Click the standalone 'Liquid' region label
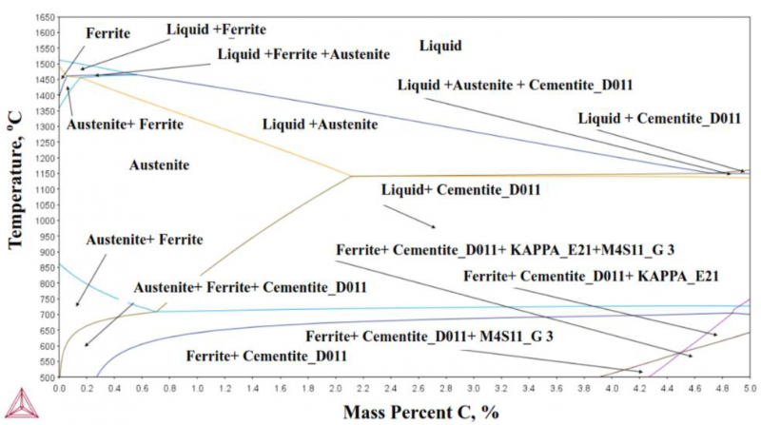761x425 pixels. [440, 45]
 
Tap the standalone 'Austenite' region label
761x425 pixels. [159, 164]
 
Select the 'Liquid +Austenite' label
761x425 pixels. [320, 125]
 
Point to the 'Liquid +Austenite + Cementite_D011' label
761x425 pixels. [515, 85]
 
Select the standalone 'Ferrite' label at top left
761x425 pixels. [109, 33]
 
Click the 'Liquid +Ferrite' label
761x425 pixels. [216, 29]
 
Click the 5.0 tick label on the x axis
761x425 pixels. [750, 389]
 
